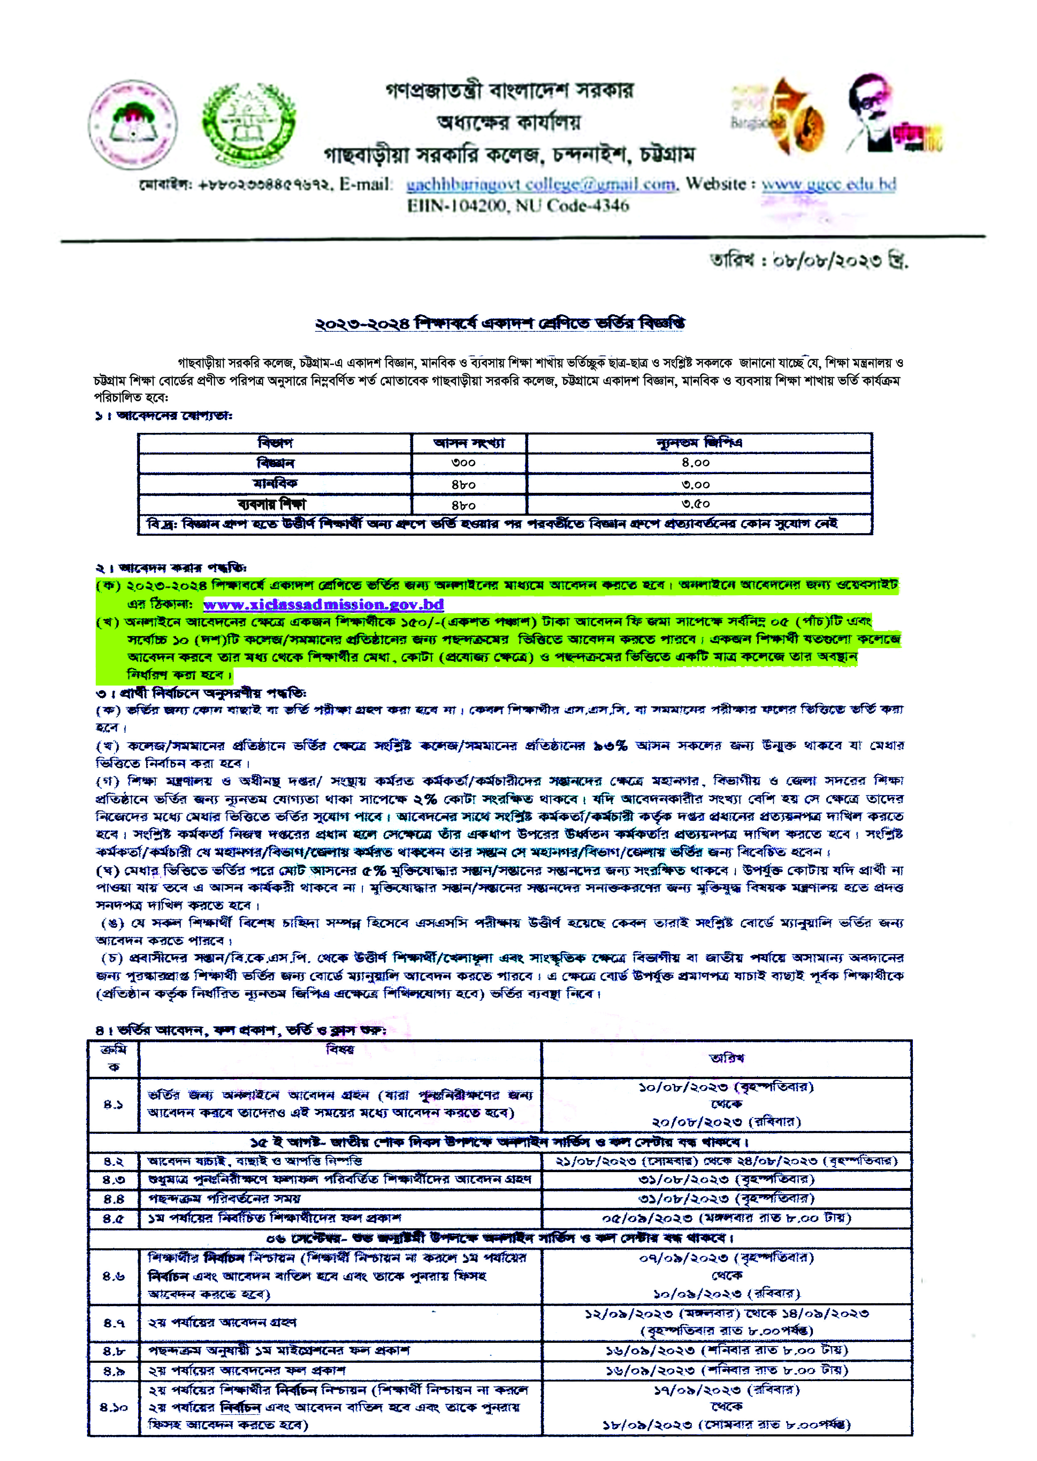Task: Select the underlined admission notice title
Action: (x=500, y=323)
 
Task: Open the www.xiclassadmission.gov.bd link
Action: (x=323, y=604)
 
